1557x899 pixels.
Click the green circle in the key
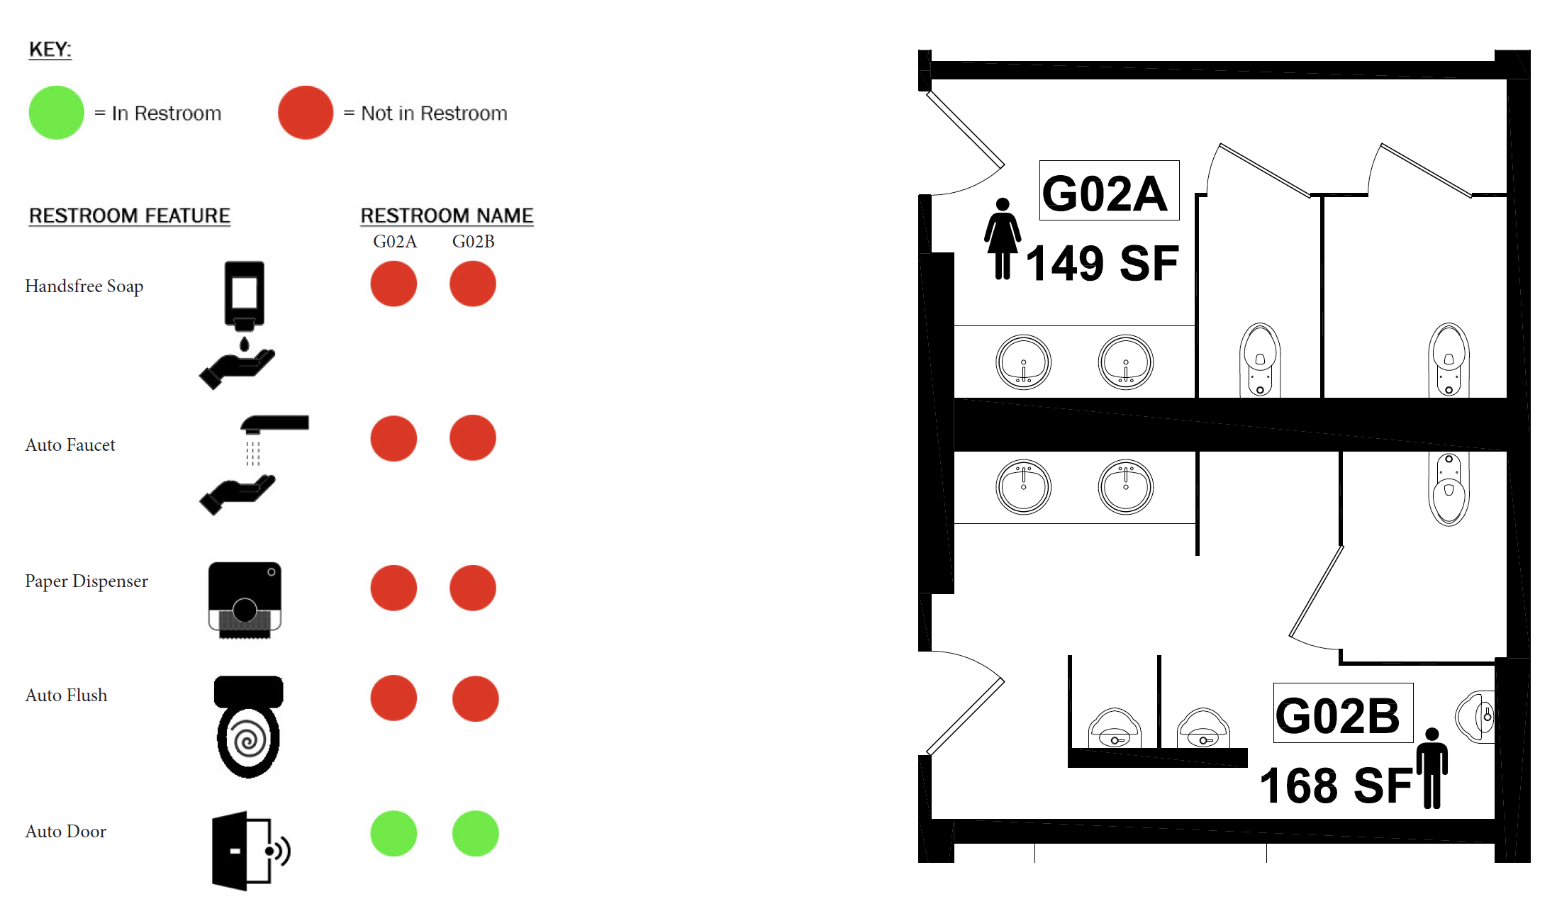[x=57, y=113]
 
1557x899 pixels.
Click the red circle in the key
[x=306, y=113]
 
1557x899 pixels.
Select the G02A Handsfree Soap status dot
[x=394, y=284]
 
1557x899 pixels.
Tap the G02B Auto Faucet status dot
[x=473, y=438]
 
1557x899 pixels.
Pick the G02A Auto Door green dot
[x=394, y=833]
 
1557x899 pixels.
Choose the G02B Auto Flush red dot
[x=475, y=698]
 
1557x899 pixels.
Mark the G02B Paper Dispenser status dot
[x=473, y=588]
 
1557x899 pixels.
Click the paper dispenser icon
[x=245, y=600]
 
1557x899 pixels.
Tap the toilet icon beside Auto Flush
[x=248, y=727]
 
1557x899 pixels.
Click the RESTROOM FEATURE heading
[x=130, y=216]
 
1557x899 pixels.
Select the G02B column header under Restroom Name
[x=474, y=242]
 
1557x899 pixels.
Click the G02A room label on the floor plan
[x=1109, y=191]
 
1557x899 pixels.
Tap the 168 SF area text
[x=1335, y=786]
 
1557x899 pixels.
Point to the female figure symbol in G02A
[x=1003, y=238]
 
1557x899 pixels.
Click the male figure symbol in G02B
[x=1432, y=768]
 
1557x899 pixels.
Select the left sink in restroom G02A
[x=1023, y=362]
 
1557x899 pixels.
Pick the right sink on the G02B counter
[x=1126, y=487]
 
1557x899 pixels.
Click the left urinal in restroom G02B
[x=1115, y=728]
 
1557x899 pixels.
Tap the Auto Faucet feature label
[x=70, y=445]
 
